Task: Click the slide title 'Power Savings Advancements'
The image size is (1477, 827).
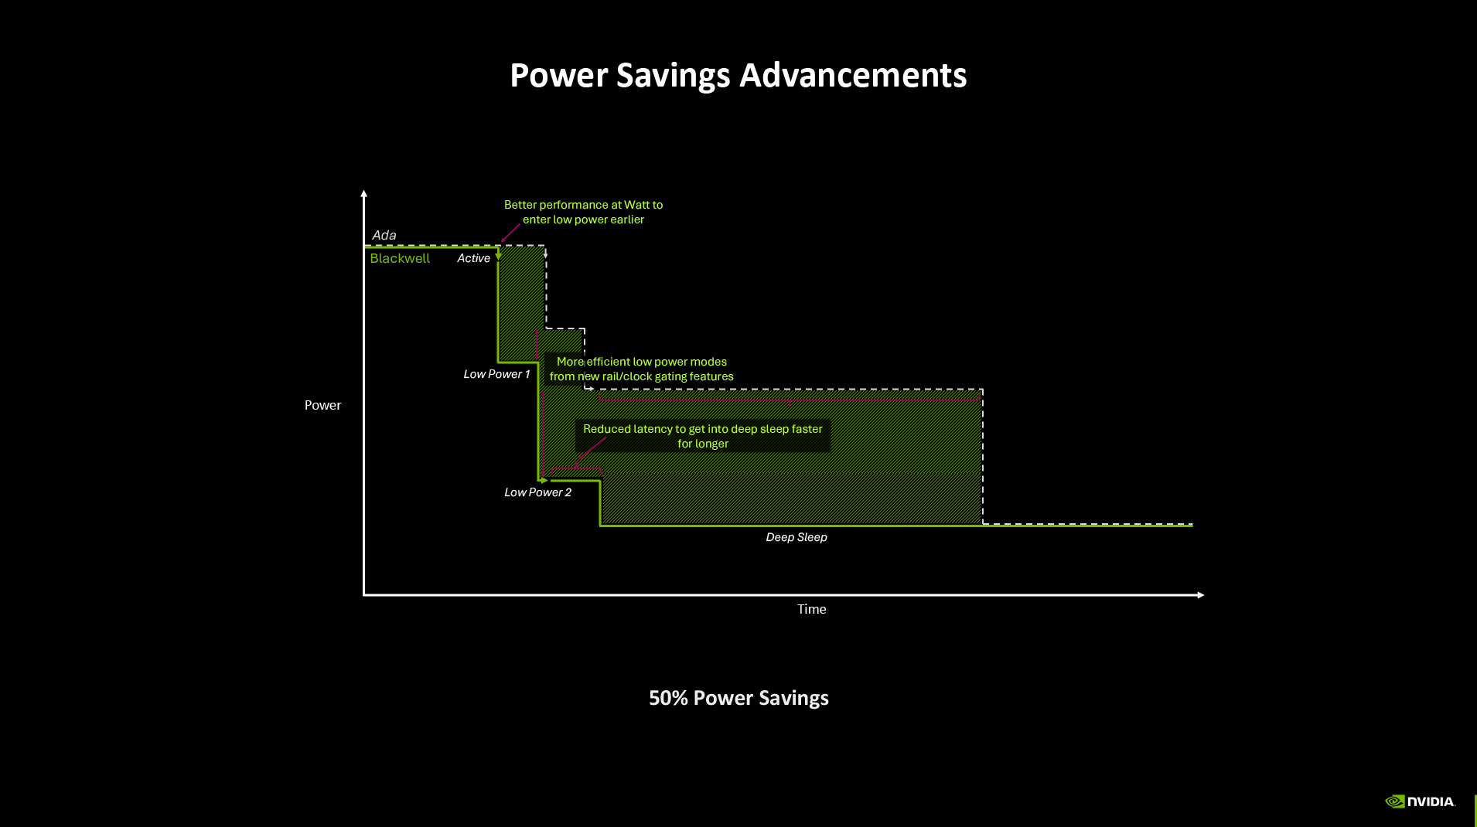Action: click(x=738, y=76)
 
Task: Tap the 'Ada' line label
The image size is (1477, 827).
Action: click(x=384, y=235)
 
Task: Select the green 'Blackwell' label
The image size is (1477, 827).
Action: click(x=399, y=258)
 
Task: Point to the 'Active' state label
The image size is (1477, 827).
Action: click(x=473, y=258)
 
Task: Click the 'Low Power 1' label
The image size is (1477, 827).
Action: click(x=496, y=374)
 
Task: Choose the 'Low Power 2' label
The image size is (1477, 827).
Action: click(x=537, y=492)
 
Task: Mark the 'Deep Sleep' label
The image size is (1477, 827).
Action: click(x=796, y=537)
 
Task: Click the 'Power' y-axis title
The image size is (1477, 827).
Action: click(x=322, y=405)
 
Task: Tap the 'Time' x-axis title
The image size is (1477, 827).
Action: click(x=811, y=609)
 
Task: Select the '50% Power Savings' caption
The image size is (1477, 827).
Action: click(x=738, y=698)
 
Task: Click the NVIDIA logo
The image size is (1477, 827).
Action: click(x=1420, y=801)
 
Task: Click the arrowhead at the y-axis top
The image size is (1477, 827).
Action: click(x=363, y=193)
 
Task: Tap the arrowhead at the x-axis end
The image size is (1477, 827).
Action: click(x=1201, y=595)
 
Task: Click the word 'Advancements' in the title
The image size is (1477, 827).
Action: click(x=853, y=76)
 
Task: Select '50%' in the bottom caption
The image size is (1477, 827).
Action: click(x=668, y=698)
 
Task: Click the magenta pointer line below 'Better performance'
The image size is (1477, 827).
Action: click(x=510, y=232)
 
